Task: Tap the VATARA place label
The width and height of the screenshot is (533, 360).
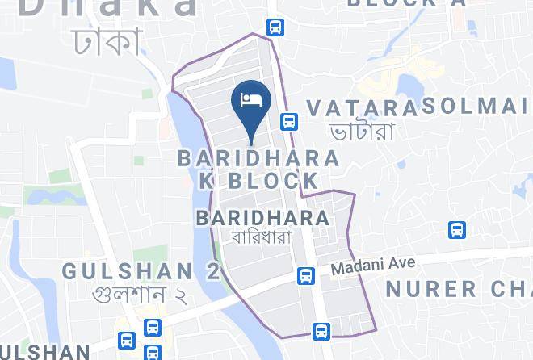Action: pyautogui.click(x=362, y=108)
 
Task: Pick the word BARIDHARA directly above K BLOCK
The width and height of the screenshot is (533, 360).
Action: pyautogui.click(x=259, y=158)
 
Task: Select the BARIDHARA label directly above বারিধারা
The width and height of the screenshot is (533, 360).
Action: pyautogui.click(x=262, y=218)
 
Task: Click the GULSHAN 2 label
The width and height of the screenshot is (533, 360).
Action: pyautogui.click(x=141, y=271)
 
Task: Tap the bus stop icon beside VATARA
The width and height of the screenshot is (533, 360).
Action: pyautogui.click(x=288, y=122)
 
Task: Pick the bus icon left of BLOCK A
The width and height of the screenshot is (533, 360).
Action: pyautogui.click(x=275, y=27)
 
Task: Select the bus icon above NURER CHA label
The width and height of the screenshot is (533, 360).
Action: pyautogui.click(x=457, y=231)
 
